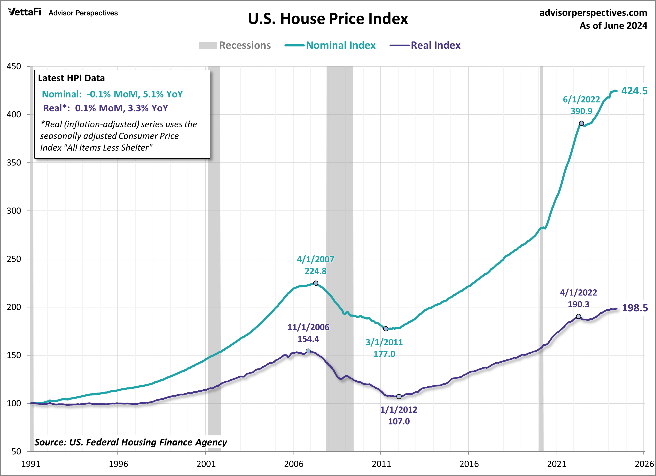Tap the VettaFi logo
coord(24,12)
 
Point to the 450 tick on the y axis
coord(14,67)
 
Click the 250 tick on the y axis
coord(14,259)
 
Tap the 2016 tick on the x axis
coord(469,464)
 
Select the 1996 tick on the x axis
coord(118,464)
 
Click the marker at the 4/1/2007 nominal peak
coord(316,283)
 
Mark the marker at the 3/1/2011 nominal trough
coord(386,329)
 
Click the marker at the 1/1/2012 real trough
coord(399,396)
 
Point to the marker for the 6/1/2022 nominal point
coord(581,123)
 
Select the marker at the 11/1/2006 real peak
coord(308,351)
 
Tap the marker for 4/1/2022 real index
coord(578,316)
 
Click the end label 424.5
coord(634,91)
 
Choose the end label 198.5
coord(635,308)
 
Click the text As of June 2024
coord(613,26)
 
